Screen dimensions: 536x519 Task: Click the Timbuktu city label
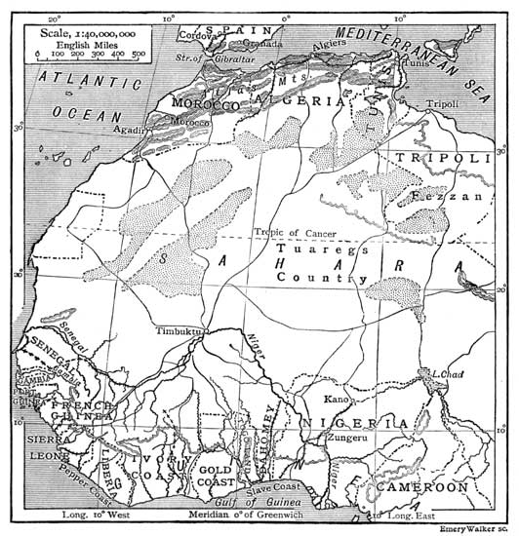pyautogui.click(x=177, y=331)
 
